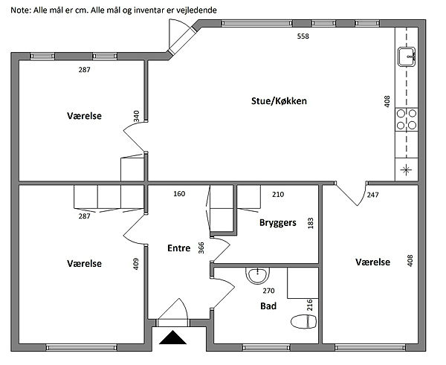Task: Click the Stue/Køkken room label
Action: click(279, 101)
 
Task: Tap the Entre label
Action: click(179, 248)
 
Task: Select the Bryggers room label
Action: click(278, 222)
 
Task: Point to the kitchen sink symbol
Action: click(408, 56)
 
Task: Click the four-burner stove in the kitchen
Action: click(407, 119)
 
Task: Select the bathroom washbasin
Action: click(256, 275)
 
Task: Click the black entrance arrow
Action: click(173, 338)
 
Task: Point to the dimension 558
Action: click(303, 36)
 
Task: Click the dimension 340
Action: click(136, 117)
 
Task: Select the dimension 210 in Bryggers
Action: click(278, 195)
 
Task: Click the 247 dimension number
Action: click(372, 195)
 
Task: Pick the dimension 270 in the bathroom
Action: click(268, 291)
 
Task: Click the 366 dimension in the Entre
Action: click(201, 248)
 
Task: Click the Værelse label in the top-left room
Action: click(84, 116)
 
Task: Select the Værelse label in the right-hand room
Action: click(372, 262)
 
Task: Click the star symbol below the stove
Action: click(407, 169)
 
